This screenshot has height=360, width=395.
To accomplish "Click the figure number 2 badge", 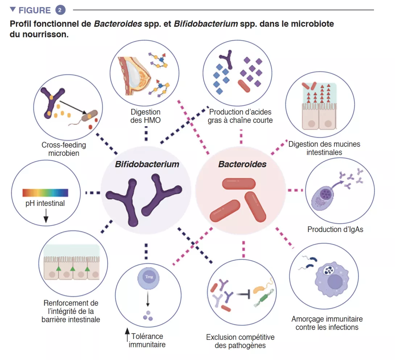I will click(61, 10).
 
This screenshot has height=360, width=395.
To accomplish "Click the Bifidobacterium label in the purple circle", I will click(147, 164).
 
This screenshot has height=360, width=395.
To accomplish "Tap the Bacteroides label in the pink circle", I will click(242, 164).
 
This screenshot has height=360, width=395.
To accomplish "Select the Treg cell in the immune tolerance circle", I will click(148, 277).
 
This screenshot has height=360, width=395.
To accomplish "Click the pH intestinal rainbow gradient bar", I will click(45, 193).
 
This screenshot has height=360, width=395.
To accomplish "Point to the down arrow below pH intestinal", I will click(46, 217).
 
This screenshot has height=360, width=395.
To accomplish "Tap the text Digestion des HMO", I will click(145, 116).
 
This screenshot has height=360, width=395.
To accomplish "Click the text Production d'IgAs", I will click(335, 229).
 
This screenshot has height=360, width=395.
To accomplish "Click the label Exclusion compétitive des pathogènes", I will click(240, 341).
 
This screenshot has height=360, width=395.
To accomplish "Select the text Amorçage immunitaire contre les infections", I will click(327, 323).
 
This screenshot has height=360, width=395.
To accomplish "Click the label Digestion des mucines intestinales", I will click(324, 148).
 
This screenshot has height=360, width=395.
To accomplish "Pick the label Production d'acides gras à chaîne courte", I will click(240, 116).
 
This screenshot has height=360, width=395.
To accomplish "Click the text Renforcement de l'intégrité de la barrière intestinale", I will click(71, 311).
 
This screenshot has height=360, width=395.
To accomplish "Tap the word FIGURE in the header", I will click(34, 10).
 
